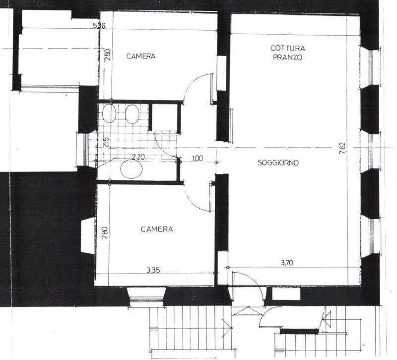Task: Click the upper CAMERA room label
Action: pyautogui.click(x=141, y=56)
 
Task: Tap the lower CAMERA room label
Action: pyautogui.click(x=157, y=229)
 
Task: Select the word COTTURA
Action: pyautogui.click(x=288, y=48)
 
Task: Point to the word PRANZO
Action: pyautogui.click(x=288, y=58)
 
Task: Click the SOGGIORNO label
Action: pyautogui.click(x=278, y=163)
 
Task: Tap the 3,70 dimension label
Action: pyautogui.click(x=287, y=263)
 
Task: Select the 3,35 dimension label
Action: pyautogui.click(x=153, y=270)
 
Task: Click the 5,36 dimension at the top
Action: pyautogui.click(x=99, y=26)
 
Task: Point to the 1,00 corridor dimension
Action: pyautogui.click(x=198, y=158)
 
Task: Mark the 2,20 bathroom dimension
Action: pyautogui.click(x=138, y=157)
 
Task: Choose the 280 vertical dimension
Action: pyautogui.click(x=105, y=233)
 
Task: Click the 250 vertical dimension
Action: pyautogui.click(x=108, y=54)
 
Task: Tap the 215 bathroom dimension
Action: pyautogui.click(x=106, y=143)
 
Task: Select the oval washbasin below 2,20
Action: pyautogui.click(x=132, y=169)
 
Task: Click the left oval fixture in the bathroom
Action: pyautogui.click(x=109, y=114)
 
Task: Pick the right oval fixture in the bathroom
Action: pyautogui.click(x=132, y=115)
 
